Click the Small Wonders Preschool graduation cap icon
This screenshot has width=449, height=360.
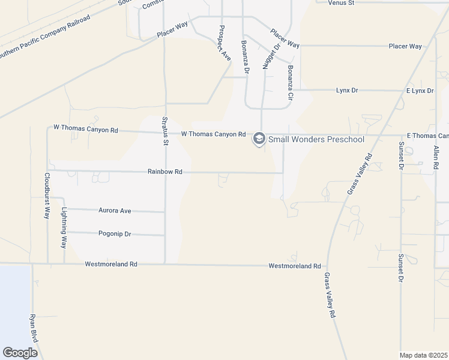point(259,139)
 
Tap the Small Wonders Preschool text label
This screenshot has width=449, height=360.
point(316,139)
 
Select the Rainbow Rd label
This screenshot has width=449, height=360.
point(165,172)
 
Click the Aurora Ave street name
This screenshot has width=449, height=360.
point(116,211)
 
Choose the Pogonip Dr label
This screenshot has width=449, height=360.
point(115,233)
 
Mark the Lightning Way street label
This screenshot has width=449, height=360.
point(64,228)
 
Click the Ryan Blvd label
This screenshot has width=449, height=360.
point(34,328)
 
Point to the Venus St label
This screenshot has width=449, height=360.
point(342,3)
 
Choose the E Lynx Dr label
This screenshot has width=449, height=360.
point(420,91)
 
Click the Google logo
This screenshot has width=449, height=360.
point(20,352)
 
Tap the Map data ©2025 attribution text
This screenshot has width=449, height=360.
point(423,355)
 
